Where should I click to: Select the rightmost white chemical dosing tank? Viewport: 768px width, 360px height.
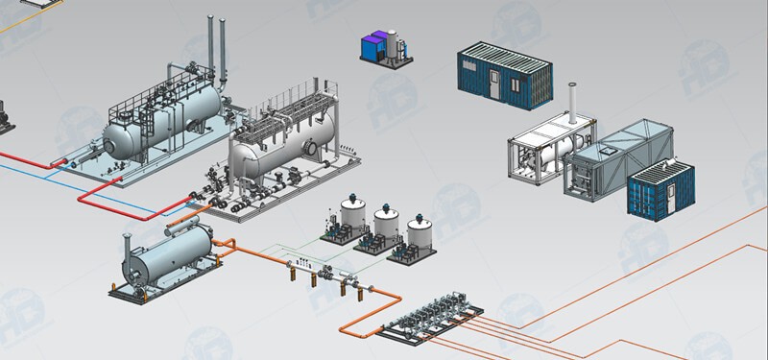pyautogui.click(x=419, y=236)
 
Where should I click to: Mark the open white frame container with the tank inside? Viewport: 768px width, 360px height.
pyautogui.click(x=538, y=154)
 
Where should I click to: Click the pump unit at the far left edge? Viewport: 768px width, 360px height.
pyautogui.click(x=5, y=115)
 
